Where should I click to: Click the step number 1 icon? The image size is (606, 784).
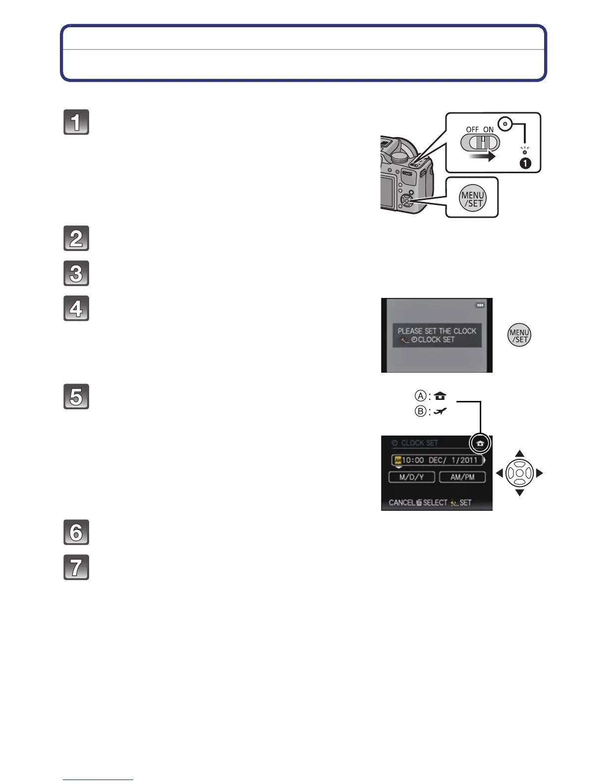click(76, 122)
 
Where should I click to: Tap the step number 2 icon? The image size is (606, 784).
click(76, 239)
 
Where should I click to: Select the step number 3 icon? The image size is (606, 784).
click(76, 273)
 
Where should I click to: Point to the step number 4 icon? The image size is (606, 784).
click(76, 308)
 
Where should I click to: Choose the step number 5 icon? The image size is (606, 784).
click(76, 396)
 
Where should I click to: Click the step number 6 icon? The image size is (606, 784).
click(76, 533)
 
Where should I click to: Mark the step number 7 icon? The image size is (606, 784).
click(76, 567)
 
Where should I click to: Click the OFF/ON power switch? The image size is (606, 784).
click(480, 143)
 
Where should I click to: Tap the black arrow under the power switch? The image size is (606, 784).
click(482, 156)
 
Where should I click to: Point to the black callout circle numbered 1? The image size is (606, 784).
click(525, 163)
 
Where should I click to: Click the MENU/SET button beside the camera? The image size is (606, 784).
click(472, 199)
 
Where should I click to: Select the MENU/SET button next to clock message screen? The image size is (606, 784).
click(519, 336)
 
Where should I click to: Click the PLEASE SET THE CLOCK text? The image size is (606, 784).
click(437, 331)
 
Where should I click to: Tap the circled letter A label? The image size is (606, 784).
click(420, 396)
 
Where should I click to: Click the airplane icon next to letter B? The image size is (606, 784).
click(440, 411)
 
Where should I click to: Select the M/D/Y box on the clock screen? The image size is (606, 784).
click(411, 477)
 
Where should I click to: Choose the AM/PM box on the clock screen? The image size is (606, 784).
click(462, 477)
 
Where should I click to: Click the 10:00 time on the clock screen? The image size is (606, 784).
click(413, 460)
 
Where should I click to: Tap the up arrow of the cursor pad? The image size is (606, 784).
click(519, 453)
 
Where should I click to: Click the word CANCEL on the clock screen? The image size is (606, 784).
click(402, 502)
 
